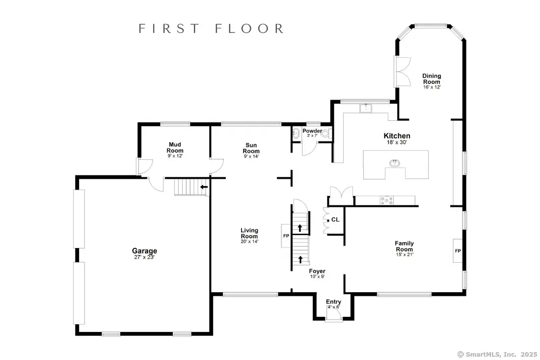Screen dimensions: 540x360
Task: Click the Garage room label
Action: (145, 251)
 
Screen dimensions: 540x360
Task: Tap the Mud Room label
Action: (175, 147)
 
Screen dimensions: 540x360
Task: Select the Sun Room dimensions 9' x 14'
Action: (251, 156)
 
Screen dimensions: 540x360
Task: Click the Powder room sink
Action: (296, 133)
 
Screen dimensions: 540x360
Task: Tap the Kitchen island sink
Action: (395, 163)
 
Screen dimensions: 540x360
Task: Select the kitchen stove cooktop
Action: (386, 200)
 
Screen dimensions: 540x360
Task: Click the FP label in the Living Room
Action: (286, 236)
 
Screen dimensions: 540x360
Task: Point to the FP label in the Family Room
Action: (458, 251)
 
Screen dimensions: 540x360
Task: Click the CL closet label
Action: (335, 220)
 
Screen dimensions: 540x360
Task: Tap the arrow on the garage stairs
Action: (204, 187)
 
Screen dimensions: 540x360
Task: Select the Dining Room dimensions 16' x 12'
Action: (432, 87)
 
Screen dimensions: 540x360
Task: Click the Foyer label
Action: (317, 271)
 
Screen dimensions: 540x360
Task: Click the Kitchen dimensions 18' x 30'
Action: (397, 142)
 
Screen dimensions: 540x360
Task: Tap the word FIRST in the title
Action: (169, 28)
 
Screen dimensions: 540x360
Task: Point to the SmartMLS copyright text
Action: (497, 354)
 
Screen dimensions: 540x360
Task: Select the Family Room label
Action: (405, 247)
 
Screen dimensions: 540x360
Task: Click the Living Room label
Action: (249, 233)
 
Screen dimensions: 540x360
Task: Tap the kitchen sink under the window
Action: (366, 108)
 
